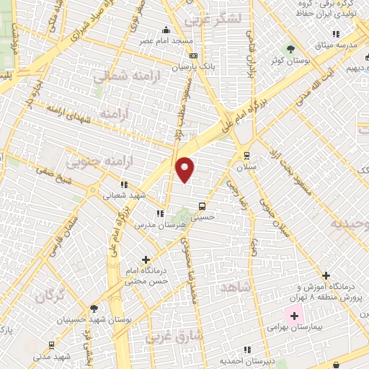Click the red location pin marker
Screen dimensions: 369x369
pyautogui.click(x=185, y=169)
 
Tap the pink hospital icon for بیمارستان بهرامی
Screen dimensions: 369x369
pyautogui.click(x=293, y=316)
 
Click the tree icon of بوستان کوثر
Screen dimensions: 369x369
pyautogui.click(x=290, y=48)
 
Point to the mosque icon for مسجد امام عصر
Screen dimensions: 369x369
pyautogui.click(x=167, y=30)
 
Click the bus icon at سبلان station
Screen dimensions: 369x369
pyautogui.click(x=247, y=154)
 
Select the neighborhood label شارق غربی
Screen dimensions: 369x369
pyautogui.click(x=174, y=337)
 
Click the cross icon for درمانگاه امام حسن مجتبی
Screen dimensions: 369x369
pyautogui.click(x=146, y=259)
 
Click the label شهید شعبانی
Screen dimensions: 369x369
pyautogui.click(x=126, y=195)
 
